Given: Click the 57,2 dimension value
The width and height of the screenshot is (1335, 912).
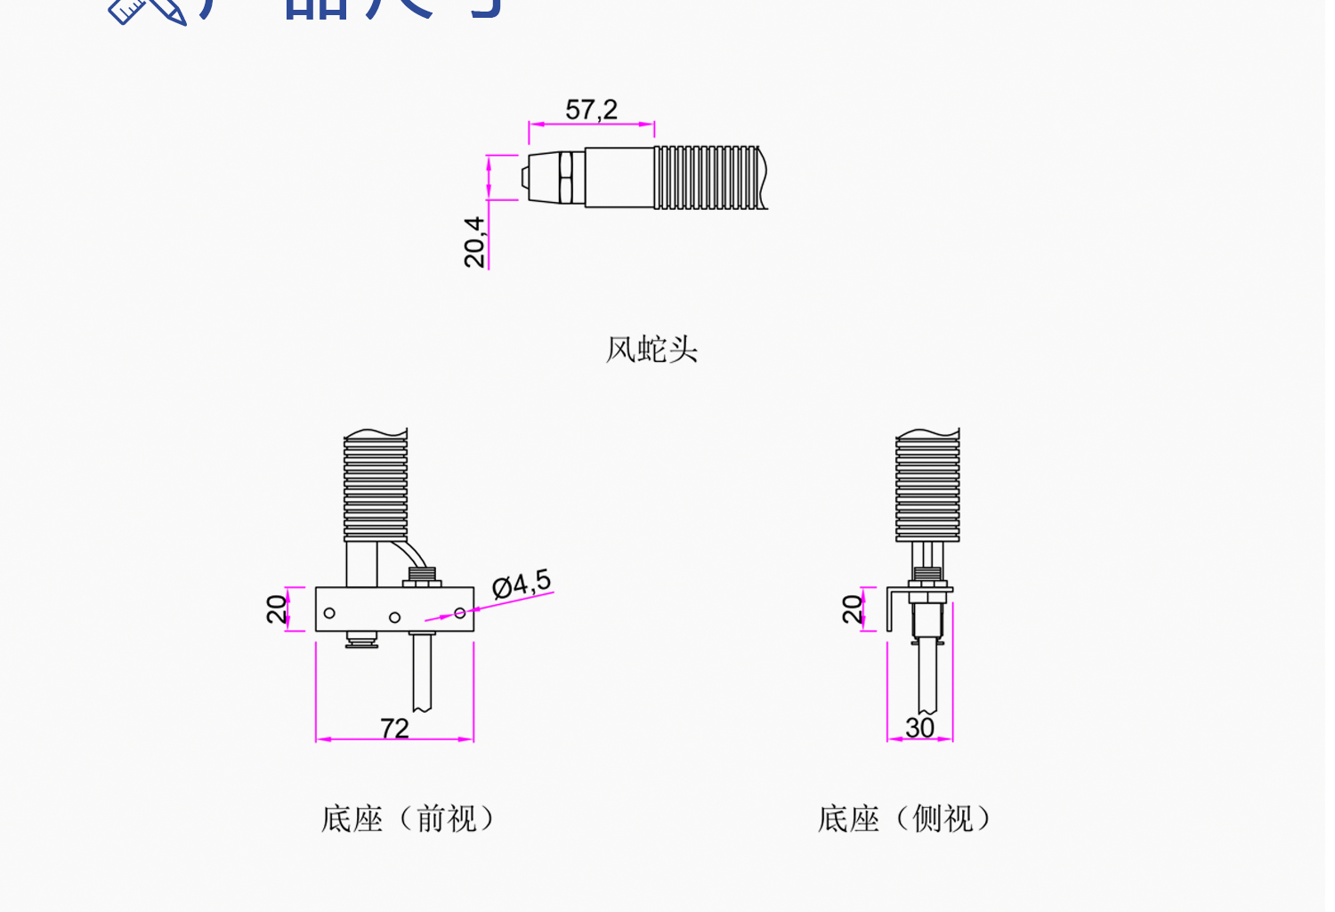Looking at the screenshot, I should (x=591, y=109).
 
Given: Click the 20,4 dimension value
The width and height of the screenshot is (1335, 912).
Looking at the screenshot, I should (x=475, y=241).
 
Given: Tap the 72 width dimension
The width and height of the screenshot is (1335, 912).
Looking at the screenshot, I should (x=394, y=728).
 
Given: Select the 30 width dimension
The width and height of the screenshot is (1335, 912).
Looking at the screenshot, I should (x=919, y=727).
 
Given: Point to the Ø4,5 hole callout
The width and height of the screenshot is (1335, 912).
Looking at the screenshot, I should (x=522, y=584).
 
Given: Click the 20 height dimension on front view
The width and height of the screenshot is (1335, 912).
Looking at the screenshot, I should (x=277, y=609).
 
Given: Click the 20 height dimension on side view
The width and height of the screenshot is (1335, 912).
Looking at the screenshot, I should (x=852, y=609).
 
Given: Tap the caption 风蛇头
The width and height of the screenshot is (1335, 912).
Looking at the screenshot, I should (x=651, y=350).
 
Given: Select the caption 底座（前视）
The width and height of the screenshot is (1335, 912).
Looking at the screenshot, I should (x=408, y=819).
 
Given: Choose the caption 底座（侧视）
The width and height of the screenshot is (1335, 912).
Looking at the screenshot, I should (x=904, y=819).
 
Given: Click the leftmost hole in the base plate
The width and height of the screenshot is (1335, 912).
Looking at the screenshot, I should (x=329, y=613).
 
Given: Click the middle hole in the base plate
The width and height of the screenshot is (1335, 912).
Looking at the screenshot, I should (x=394, y=617).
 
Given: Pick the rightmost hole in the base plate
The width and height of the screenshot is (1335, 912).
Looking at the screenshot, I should (x=459, y=613).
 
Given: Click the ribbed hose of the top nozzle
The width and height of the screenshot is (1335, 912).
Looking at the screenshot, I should (x=709, y=178).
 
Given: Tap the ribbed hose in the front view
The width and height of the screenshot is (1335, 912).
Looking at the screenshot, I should (x=376, y=485).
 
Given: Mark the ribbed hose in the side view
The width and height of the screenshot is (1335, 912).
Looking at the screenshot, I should (x=927, y=485).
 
